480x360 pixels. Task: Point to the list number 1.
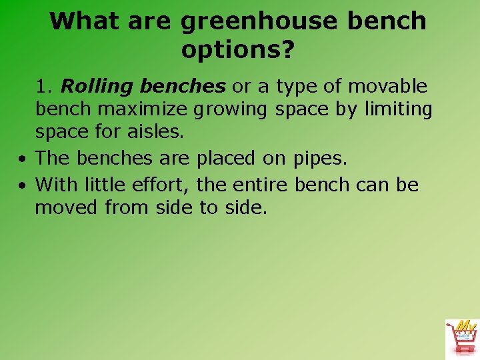pyautogui.click(x=44, y=87)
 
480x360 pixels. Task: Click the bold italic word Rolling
pyautogui.click(x=97, y=87)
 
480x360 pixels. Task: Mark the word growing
pyautogui.click(x=242, y=109)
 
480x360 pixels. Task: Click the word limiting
pyautogui.click(x=398, y=109)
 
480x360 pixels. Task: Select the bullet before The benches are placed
pyautogui.click(x=23, y=160)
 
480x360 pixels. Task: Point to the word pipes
pyautogui.click(x=321, y=159)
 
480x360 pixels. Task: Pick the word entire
pyautogui.click(x=261, y=184)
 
